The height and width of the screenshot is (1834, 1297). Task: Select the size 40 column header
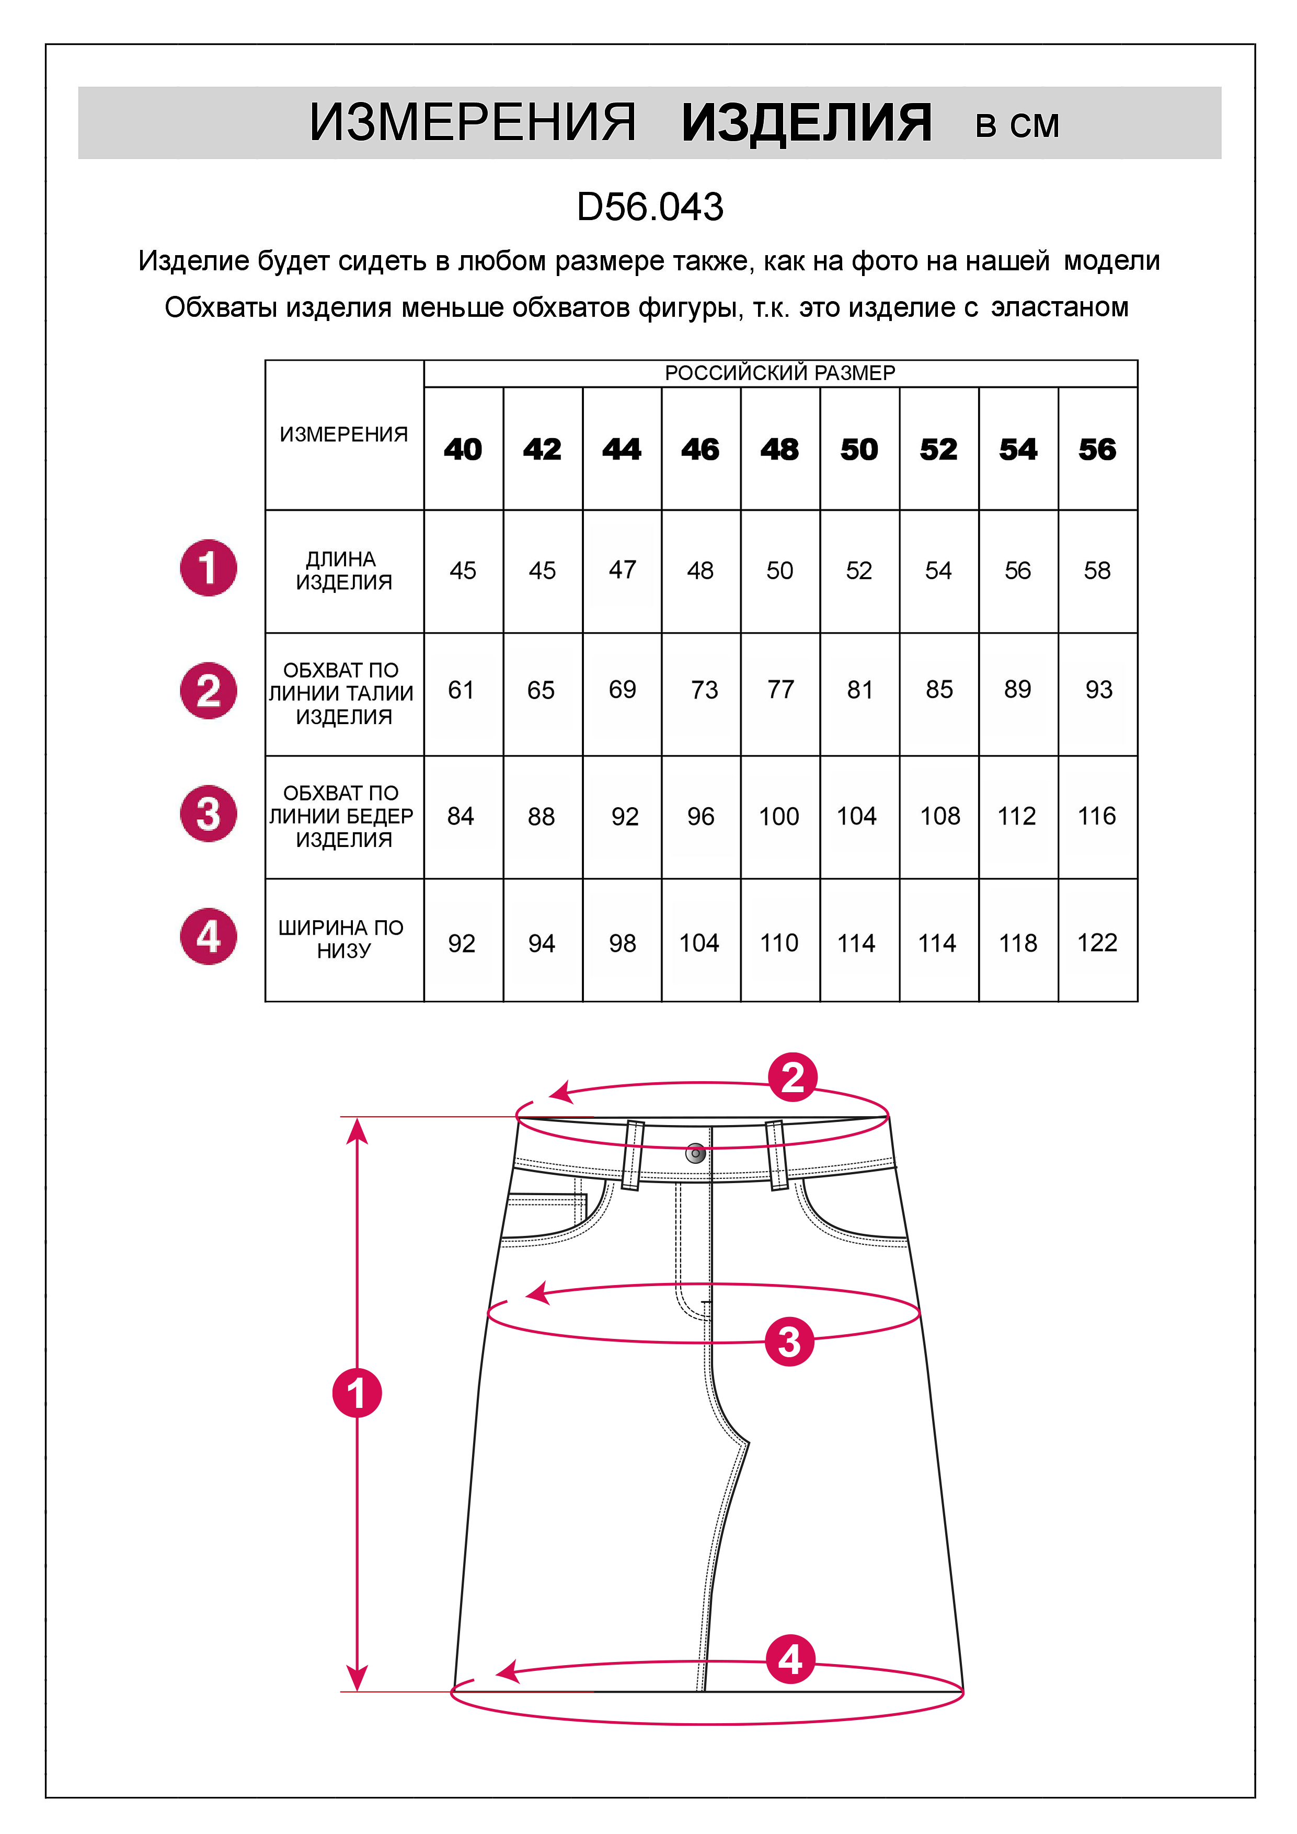click(463, 449)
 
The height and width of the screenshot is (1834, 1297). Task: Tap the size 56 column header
click(1097, 449)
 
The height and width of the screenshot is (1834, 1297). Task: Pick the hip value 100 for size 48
click(779, 816)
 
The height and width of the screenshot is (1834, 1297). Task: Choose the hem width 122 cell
click(1097, 943)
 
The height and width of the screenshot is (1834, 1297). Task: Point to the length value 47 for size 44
click(622, 569)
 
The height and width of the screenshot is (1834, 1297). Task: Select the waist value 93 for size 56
click(1098, 690)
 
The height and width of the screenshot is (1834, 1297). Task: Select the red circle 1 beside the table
click(209, 568)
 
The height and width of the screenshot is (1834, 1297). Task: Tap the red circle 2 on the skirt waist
click(792, 1078)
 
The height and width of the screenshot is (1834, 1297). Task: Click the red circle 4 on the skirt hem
click(790, 1660)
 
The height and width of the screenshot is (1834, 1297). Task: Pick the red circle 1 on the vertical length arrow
click(357, 1393)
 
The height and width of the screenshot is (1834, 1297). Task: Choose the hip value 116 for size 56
click(1097, 816)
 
